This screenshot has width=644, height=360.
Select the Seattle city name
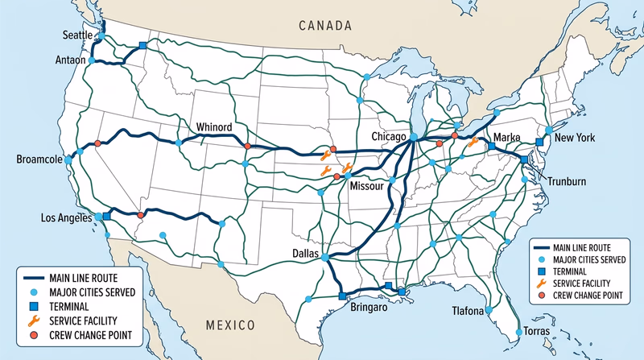tap(80, 35)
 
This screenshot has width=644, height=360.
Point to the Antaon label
tap(69, 60)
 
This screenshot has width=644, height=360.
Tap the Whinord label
tap(215, 127)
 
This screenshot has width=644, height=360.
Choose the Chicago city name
tap(389, 138)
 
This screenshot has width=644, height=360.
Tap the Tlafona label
tap(467, 311)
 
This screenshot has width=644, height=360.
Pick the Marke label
tap(507, 136)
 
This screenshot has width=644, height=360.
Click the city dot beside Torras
tap(517, 332)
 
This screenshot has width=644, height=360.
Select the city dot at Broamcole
tap(68, 160)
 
